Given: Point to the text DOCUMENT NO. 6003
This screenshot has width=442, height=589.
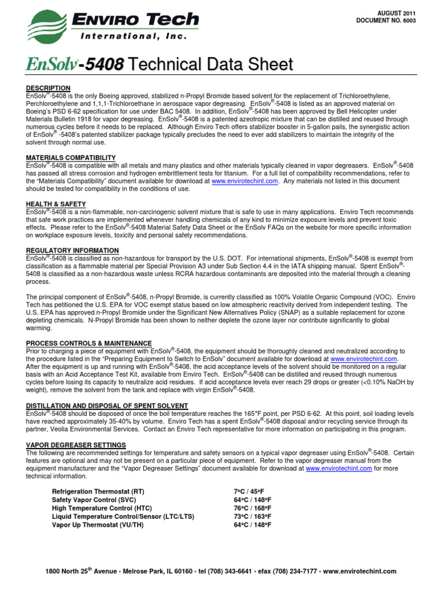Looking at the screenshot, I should point(386,21).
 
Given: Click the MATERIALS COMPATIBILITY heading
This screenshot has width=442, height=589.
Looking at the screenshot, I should point(71,158).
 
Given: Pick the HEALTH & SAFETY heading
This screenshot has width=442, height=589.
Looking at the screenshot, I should point(56,204).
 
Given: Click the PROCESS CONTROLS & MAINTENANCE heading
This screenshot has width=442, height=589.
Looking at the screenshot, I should point(89,343).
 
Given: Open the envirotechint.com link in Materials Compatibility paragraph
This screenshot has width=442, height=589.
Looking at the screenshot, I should point(245,181).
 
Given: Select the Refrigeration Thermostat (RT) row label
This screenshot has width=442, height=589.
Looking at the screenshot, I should point(98,492).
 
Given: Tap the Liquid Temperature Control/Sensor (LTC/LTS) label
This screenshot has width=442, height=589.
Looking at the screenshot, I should point(123,517).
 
